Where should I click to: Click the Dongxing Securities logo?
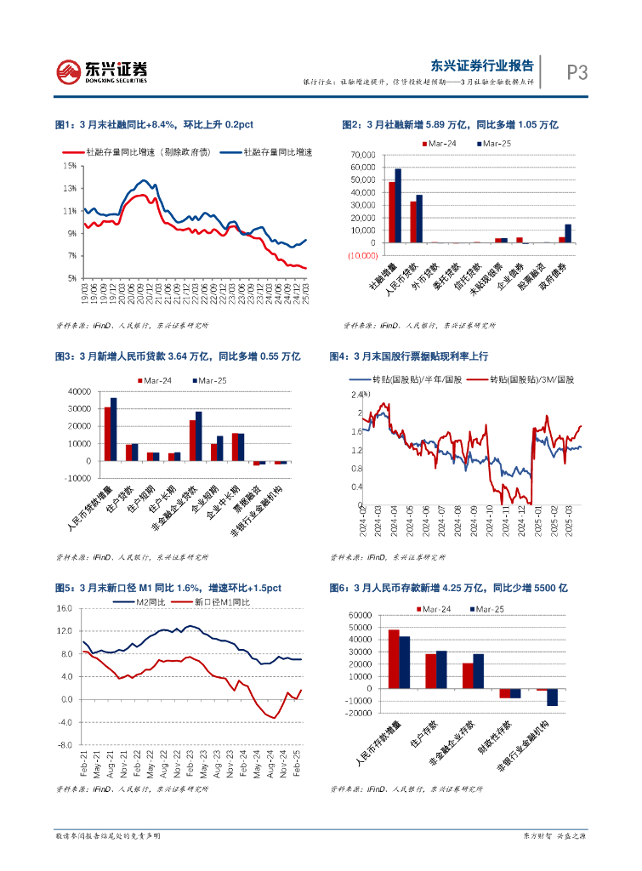click(x=101, y=72)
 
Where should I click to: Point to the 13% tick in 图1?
click(x=70, y=188)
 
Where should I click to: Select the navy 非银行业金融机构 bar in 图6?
click(x=552, y=697)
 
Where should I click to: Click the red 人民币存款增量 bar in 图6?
click(x=394, y=659)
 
